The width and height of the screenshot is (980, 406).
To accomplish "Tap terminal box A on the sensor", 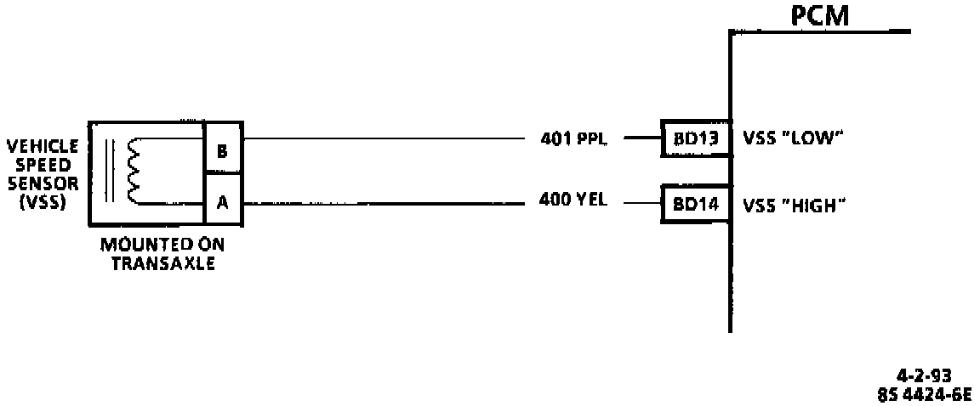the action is click(222, 204).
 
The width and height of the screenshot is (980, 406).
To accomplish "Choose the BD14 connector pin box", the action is click(696, 205).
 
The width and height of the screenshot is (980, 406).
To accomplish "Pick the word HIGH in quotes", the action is click(813, 205).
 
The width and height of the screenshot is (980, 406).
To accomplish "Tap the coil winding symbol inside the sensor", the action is click(133, 171).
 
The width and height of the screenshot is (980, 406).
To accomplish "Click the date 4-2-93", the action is click(923, 375).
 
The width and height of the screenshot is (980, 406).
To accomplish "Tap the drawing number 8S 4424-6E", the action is click(922, 392).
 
